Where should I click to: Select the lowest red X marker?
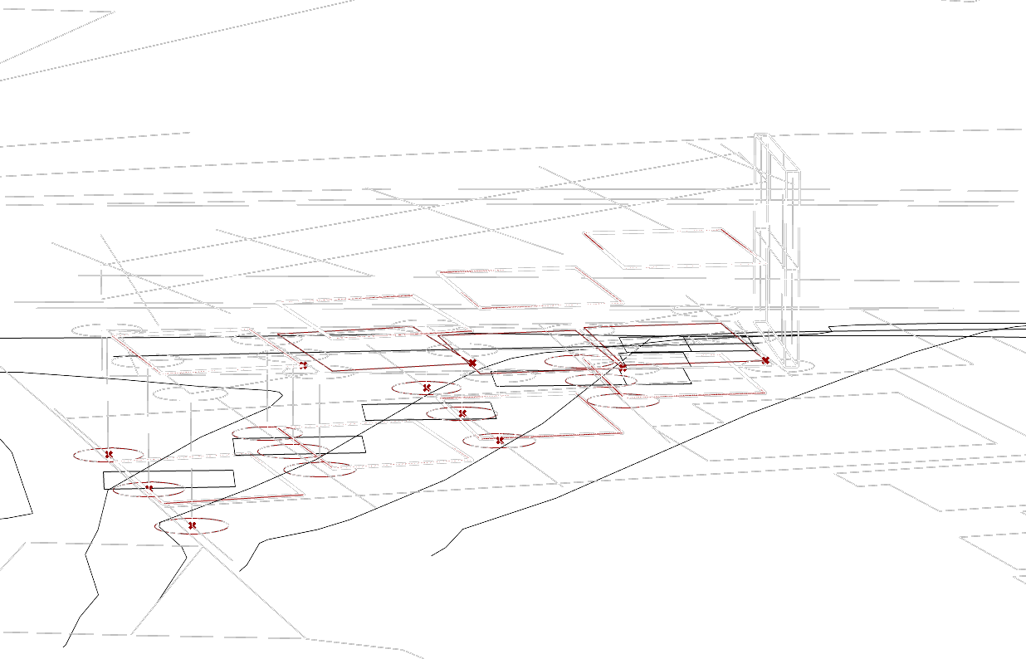coord(193,525)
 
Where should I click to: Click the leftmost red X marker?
coord(109,454)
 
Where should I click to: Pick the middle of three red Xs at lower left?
coord(149,487)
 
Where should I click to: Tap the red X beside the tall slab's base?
coord(765,362)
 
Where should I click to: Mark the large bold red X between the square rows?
coord(471,363)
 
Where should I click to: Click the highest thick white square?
coord(672,248)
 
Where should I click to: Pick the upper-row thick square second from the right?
coord(529,287)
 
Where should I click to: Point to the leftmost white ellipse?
coord(105,329)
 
